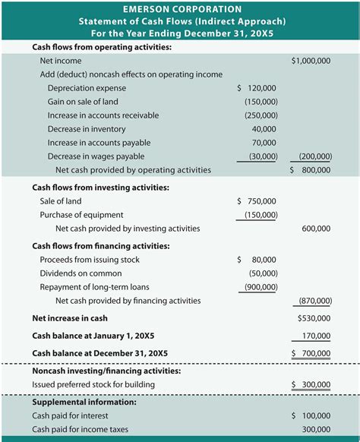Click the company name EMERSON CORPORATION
[x=180, y=8]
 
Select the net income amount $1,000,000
[x=311, y=60]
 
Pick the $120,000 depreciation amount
[x=257, y=88]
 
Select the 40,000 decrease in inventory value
[x=264, y=129]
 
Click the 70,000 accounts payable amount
[x=264, y=143]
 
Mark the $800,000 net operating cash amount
[x=311, y=170]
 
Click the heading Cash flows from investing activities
[x=100, y=188]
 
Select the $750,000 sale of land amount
[x=257, y=201]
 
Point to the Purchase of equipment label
[x=81, y=215]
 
